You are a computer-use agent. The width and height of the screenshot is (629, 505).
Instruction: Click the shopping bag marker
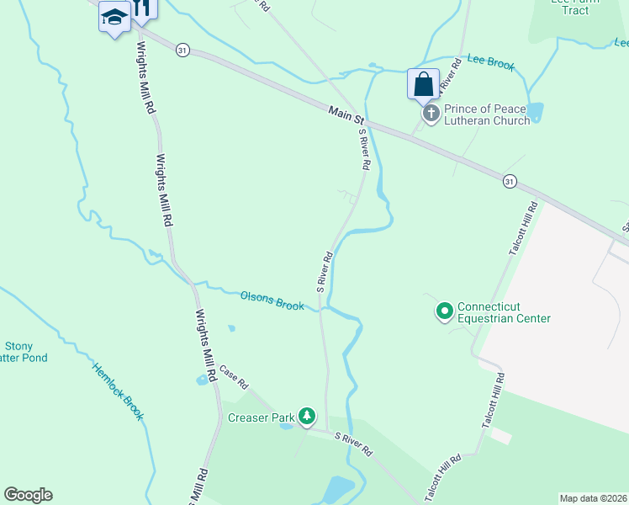point(423,84)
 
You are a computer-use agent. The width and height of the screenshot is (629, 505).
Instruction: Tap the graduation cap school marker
point(114,17)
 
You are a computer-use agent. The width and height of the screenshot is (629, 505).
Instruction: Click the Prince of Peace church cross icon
point(431,113)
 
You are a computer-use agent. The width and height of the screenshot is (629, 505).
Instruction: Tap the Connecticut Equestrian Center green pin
point(444,312)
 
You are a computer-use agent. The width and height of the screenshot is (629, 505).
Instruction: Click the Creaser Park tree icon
point(308,416)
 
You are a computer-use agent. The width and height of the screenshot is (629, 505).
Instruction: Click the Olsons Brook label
point(272,300)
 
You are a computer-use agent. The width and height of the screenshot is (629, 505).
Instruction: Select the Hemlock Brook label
point(119,392)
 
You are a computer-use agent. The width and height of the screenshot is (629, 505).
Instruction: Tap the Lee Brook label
point(489,63)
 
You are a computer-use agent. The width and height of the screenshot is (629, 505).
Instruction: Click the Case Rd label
point(234,376)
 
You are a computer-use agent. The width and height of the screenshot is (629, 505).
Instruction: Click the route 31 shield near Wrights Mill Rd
point(182,50)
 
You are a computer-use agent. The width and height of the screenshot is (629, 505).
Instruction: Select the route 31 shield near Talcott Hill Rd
point(510,181)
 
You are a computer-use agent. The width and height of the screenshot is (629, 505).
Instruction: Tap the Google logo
point(28,495)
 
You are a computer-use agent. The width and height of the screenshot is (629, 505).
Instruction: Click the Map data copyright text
point(594,498)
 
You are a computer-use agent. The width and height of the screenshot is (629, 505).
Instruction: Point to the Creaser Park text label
point(261,417)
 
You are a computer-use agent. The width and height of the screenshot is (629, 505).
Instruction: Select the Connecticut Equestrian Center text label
point(504,312)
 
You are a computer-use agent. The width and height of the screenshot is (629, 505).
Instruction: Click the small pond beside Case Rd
point(203,380)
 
